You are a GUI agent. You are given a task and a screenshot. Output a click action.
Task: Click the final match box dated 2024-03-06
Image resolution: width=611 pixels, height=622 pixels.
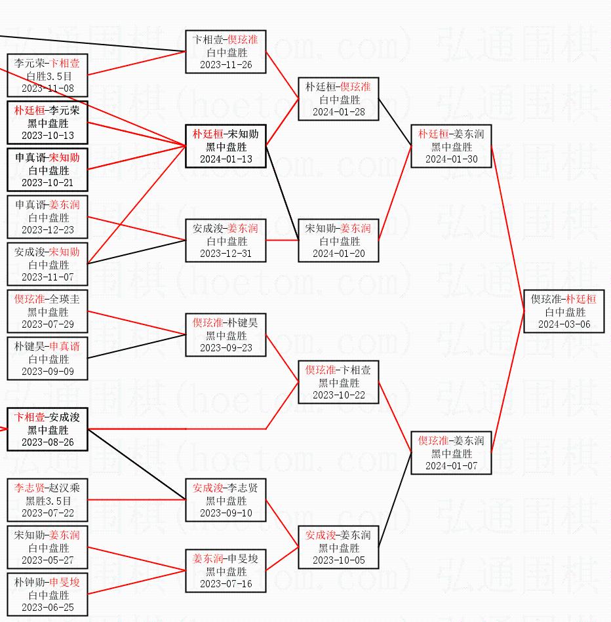click(564, 311)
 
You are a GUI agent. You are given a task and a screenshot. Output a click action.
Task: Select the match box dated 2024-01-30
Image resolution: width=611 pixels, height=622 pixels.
click(451, 147)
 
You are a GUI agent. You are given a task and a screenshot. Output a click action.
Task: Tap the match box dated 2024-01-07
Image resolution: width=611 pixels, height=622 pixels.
click(451, 453)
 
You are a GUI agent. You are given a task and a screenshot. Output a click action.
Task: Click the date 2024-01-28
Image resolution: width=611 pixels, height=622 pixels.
click(338, 112)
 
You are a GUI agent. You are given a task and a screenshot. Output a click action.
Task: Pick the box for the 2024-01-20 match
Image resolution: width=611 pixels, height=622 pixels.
click(338, 241)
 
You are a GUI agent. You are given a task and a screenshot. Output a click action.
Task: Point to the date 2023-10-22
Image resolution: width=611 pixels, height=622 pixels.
click(338, 395)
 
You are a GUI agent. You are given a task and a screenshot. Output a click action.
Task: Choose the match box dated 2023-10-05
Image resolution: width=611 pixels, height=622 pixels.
click(338, 547)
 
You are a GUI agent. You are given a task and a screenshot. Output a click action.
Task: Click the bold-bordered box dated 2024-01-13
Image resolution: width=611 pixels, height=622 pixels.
click(226, 146)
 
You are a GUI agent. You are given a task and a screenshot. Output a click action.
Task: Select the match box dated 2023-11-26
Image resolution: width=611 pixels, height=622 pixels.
click(226, 52)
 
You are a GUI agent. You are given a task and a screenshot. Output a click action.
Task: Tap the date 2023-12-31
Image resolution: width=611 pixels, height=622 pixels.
click(226, 254)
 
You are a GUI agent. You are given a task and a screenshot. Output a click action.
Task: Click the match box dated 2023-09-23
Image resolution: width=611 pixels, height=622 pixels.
click(226, 335)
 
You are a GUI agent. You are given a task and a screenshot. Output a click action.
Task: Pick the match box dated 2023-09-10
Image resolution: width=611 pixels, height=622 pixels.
click(226, 500)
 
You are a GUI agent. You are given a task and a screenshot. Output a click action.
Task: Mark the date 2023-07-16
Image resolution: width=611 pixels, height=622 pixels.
click(226, 584)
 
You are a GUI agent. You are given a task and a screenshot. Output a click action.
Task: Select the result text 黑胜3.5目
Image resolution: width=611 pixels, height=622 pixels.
click(48, 501)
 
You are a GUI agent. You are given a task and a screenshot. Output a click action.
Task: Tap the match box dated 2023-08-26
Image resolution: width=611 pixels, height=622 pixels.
click(47, 429)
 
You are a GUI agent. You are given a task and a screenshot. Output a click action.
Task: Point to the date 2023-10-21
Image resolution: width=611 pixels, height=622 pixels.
click(47, 183)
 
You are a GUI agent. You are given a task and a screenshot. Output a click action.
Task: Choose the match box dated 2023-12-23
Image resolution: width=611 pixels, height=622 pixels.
click(47, 217)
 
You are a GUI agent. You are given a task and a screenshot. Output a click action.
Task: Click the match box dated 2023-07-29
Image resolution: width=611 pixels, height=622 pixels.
click(47, 311)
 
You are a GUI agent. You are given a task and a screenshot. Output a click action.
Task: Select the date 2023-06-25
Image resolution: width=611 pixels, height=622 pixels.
click(47, 608)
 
